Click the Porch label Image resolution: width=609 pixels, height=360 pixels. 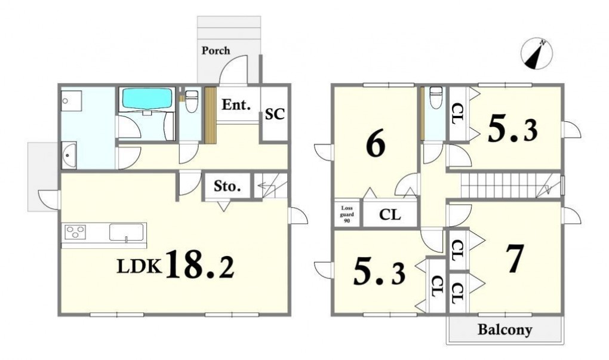216,51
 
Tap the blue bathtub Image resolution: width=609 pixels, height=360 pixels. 147,99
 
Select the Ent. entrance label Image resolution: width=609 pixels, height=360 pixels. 236,104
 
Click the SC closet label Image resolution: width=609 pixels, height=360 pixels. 275,114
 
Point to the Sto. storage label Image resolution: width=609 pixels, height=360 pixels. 227,186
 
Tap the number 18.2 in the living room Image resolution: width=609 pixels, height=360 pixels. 200,265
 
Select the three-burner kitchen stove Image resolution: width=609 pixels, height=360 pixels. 75,232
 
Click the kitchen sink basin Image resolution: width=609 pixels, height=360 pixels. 126,232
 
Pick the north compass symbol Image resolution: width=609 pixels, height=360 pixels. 536,54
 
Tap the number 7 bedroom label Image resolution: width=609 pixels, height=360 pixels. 515,259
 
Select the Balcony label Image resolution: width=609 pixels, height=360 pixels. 505,330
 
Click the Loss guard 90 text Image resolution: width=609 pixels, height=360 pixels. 346,214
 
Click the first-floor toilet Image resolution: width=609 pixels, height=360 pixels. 192,101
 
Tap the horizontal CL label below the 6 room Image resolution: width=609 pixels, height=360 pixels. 389,214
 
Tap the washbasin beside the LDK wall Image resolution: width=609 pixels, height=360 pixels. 69,155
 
